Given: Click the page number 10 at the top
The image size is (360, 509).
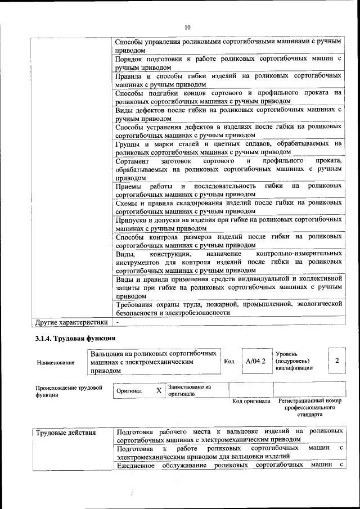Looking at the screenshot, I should [188, 27].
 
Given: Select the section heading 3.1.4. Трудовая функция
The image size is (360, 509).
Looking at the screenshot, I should [75, 338].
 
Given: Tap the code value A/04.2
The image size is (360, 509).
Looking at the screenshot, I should [255, 361].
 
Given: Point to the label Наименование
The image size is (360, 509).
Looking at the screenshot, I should [55, 363].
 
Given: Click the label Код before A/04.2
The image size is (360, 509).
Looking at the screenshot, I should [229, 361].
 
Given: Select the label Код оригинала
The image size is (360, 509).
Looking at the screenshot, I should [251, 401].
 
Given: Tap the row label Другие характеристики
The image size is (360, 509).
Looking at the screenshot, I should [71, 323].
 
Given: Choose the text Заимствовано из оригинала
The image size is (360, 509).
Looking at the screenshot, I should [190, 390].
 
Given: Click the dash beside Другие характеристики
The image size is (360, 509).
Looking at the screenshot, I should [117, 323].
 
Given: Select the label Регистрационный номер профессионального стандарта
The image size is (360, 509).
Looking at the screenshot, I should [310, 408].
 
